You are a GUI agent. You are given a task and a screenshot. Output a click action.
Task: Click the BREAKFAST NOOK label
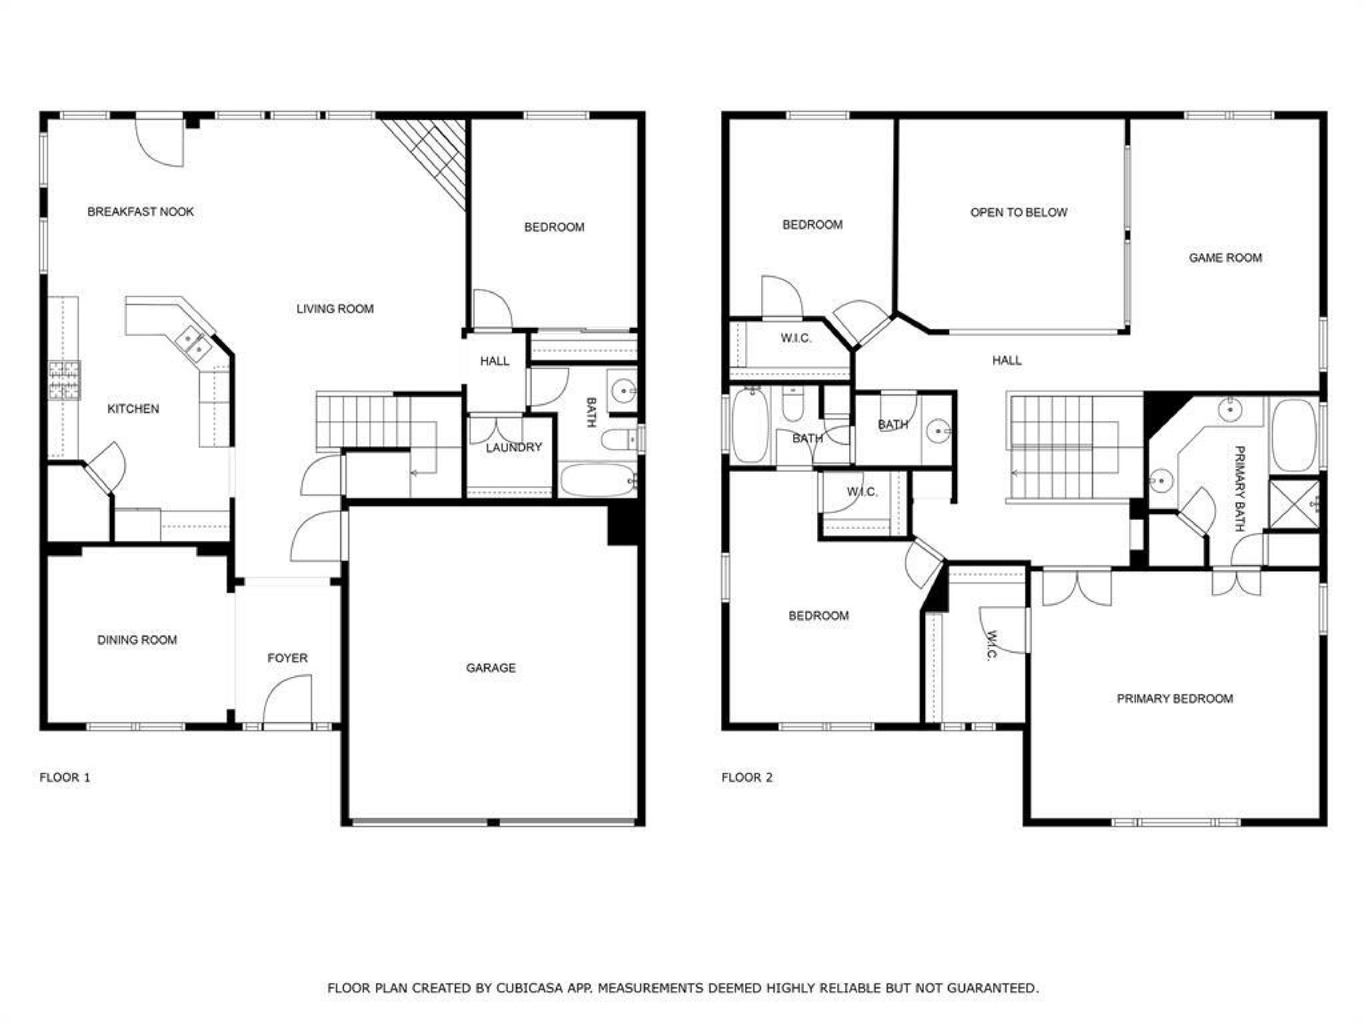pos(141,212)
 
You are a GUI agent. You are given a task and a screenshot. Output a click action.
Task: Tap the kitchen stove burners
pos(64,381)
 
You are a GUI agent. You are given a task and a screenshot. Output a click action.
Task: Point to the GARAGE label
pos(491,668)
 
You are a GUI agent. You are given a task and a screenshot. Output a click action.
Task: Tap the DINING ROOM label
pos(137,640)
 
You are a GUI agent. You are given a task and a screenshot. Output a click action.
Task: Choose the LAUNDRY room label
pos(513,447)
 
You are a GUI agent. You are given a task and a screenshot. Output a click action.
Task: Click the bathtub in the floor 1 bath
pos(599,481)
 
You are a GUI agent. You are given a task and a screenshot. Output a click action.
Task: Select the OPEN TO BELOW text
pos(1018,213)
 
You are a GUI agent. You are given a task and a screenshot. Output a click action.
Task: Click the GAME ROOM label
pos(1225,258)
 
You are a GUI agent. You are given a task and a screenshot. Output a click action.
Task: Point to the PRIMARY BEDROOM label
pos(1174,698)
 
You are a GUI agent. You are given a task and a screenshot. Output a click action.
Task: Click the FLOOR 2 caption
pos(747,777)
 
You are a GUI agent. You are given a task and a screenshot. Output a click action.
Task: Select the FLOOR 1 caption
pos(65,777)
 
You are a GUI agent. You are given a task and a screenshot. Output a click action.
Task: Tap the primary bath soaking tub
pos(1294,435)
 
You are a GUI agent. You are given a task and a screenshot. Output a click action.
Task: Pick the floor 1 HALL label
pos(495,361)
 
